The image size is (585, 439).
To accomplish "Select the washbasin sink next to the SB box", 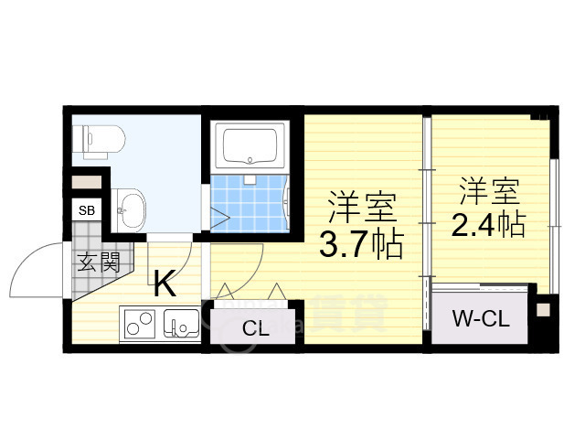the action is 129,210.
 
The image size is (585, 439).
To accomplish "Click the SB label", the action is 87,210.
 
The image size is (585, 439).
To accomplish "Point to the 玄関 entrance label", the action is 99,262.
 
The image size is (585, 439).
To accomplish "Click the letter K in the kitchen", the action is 165,283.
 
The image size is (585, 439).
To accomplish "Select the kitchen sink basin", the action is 182,323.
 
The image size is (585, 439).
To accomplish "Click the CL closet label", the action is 256,328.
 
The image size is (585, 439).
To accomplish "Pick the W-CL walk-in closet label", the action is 481,319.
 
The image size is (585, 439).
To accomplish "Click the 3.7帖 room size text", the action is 362,244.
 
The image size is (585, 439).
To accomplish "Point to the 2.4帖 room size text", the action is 489,225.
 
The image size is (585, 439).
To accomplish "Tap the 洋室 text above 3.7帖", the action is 362,208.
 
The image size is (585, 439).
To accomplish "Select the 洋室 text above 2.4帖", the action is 490,191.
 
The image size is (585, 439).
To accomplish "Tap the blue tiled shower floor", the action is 250,204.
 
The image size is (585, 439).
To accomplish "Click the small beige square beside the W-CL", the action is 543,310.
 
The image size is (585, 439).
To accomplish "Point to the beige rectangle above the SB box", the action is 87,182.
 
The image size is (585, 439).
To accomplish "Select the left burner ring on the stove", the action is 133,328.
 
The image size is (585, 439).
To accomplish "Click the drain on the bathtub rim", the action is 250,161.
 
